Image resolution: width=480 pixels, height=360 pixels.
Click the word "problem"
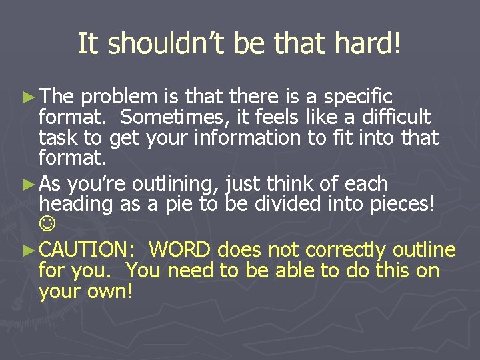point(117,97)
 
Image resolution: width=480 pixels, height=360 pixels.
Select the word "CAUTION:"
point(87,251)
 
